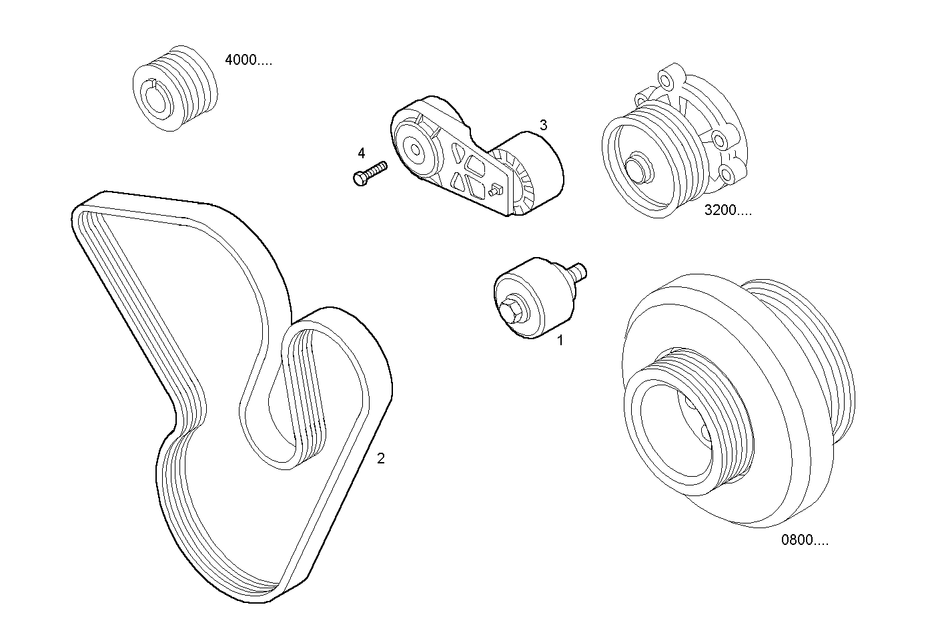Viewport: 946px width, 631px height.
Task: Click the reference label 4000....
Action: [x=248, y=60]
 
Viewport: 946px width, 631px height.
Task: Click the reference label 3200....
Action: [x=727, y=210]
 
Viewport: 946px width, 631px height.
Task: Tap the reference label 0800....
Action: [x=805, y=540]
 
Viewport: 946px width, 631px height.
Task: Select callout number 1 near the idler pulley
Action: [x=560, y=340]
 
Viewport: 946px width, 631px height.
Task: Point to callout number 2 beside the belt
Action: [x=381, y=458]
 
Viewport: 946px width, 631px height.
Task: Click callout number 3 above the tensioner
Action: [x=543, y=125]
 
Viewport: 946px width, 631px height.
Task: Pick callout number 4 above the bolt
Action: [x=361, y=153]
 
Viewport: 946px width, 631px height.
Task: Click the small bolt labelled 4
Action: [x=369, y=171]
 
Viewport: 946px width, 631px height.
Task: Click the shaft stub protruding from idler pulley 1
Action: [x=578, y=270]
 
